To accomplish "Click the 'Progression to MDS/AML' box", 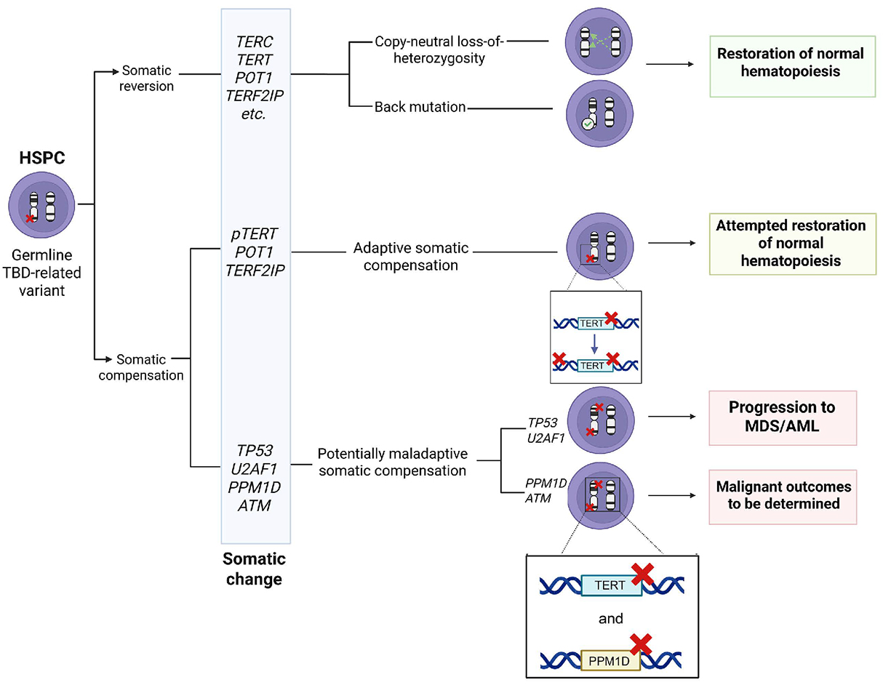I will (782, 417).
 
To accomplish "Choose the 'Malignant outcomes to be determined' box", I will (782, 495).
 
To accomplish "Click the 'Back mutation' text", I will (420, 107).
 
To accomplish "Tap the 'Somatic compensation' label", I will (141, 367).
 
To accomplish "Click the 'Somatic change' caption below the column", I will (255, 569).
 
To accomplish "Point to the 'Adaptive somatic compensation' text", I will (410, 257).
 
